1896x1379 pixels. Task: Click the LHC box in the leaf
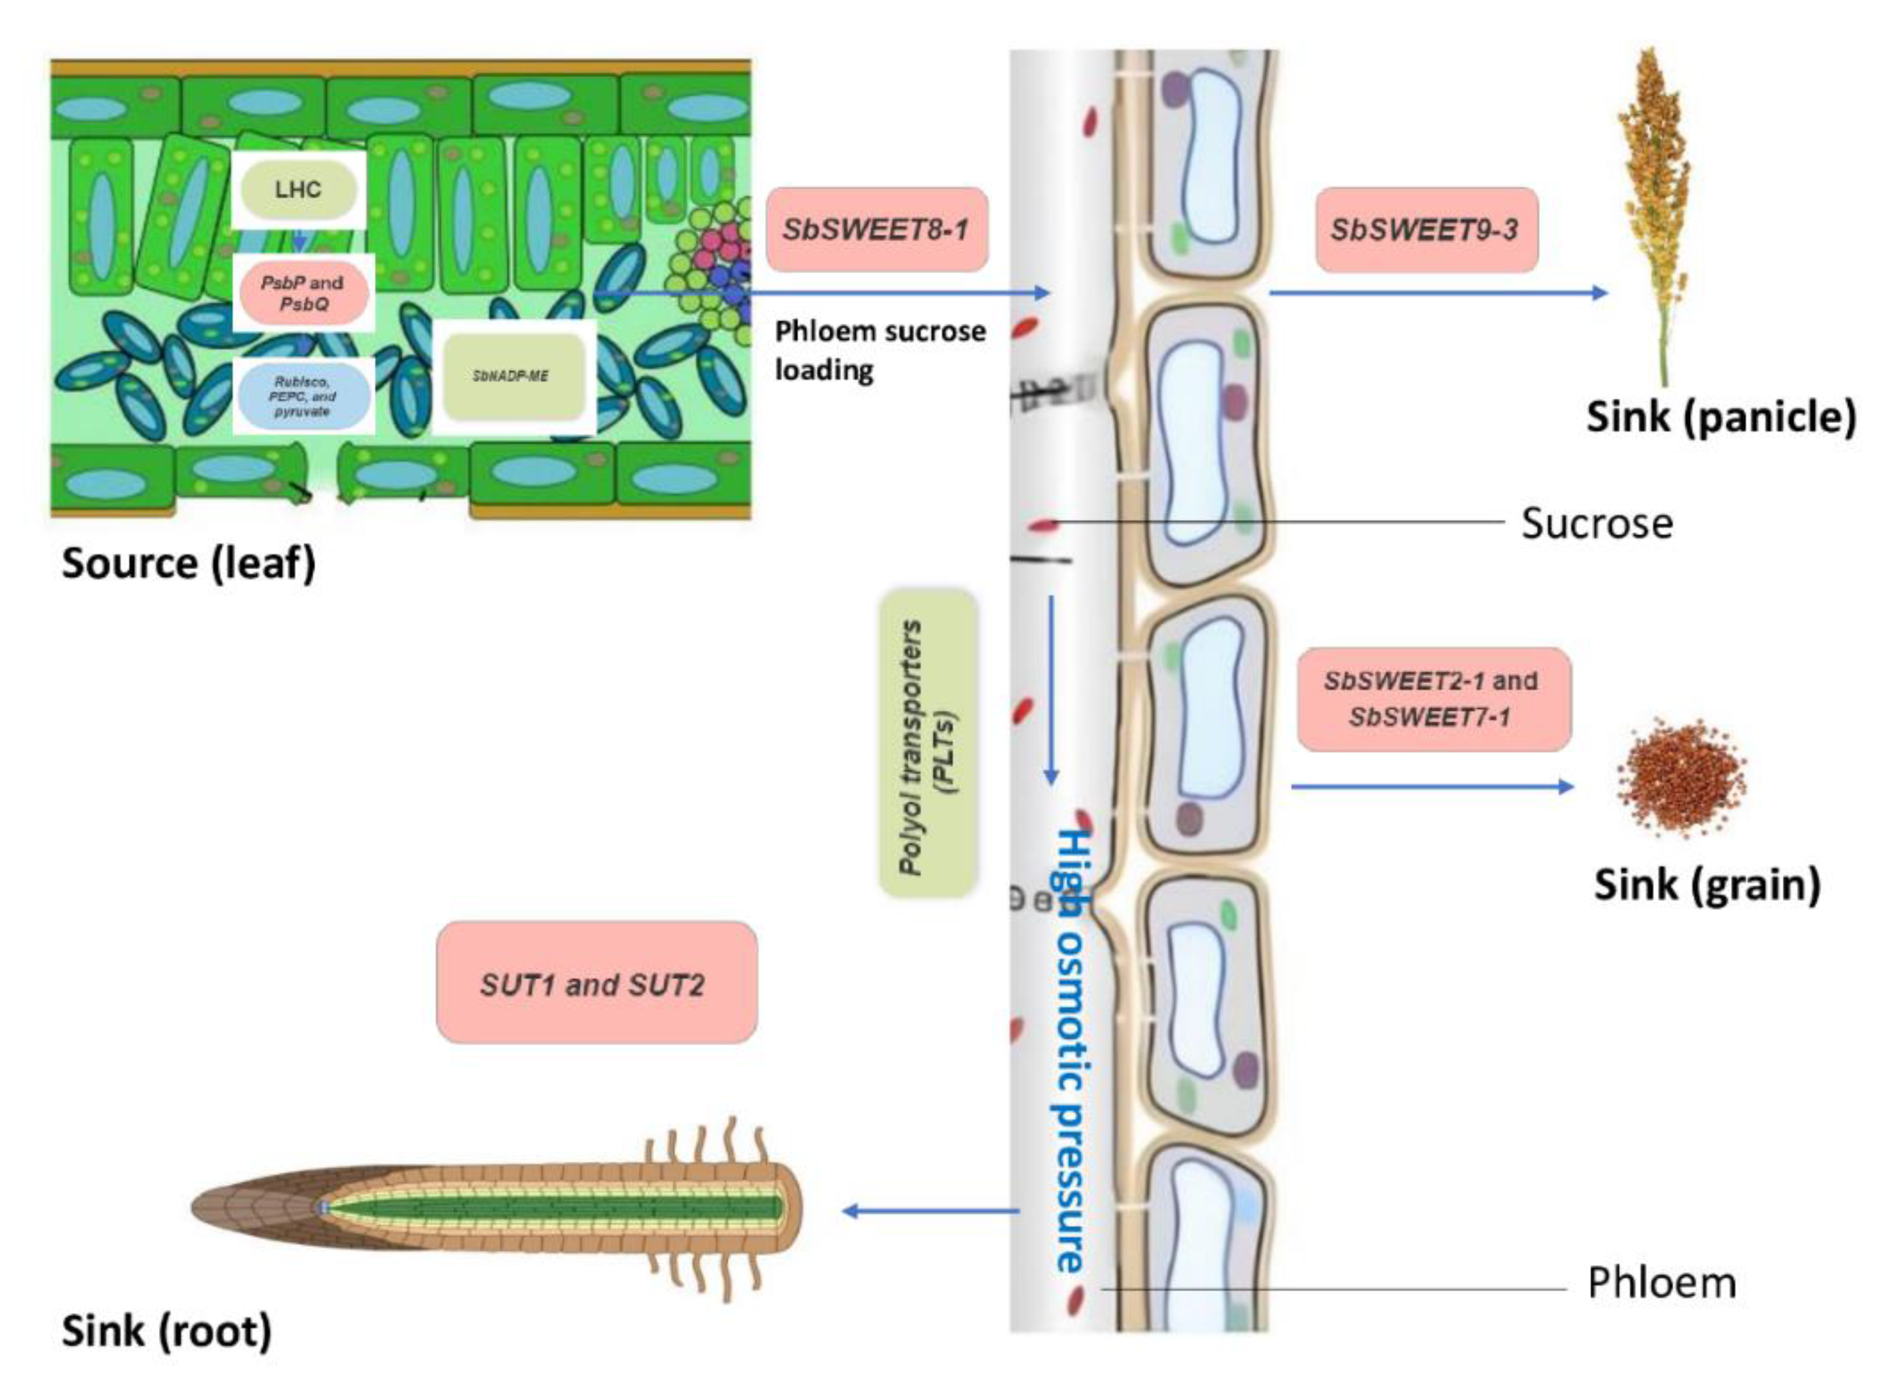298,190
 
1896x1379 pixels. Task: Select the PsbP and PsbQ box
303,293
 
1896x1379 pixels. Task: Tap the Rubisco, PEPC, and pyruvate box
303,397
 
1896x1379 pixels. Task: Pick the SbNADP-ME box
512,376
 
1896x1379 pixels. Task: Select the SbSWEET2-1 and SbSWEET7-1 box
1432,699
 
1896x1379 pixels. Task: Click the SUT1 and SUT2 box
595,984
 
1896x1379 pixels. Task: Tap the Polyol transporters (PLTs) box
928,744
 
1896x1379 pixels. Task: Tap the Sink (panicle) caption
1721,416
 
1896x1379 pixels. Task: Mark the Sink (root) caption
166,1331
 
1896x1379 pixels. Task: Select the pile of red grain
1680,777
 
